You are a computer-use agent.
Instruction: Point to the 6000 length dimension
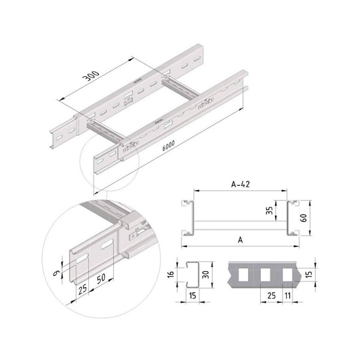click(x=166, y=144)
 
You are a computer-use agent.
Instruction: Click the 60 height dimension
click(x=303, y=218)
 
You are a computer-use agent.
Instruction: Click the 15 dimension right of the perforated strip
click(x=309, y=273)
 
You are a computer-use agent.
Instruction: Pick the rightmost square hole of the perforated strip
click(x=288, y=273)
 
